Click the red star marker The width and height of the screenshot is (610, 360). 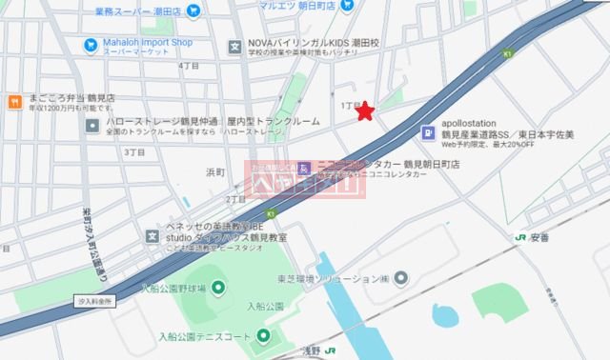tap(364, 112)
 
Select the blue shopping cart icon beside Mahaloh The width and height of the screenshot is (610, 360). tap(91, 44)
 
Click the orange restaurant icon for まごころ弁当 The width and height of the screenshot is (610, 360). tap(14, 100)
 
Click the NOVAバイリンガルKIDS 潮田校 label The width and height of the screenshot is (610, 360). tap(315, 44)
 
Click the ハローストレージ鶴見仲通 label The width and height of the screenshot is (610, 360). tap(162, 123)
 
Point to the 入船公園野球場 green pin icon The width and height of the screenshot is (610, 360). tap(217, 288)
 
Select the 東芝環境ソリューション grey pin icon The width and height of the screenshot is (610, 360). tap(401, 278)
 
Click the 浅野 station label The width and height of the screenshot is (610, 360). tap(315, 351)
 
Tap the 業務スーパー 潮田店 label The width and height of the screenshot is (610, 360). tap(139, 11)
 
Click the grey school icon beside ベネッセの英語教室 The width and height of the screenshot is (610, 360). tap(152, 236)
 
